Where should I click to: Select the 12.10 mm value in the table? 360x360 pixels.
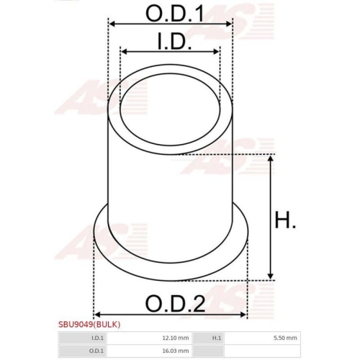175,337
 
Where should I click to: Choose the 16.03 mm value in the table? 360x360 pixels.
175,351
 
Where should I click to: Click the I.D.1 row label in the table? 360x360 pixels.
97,337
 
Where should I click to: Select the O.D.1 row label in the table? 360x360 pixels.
97,351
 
